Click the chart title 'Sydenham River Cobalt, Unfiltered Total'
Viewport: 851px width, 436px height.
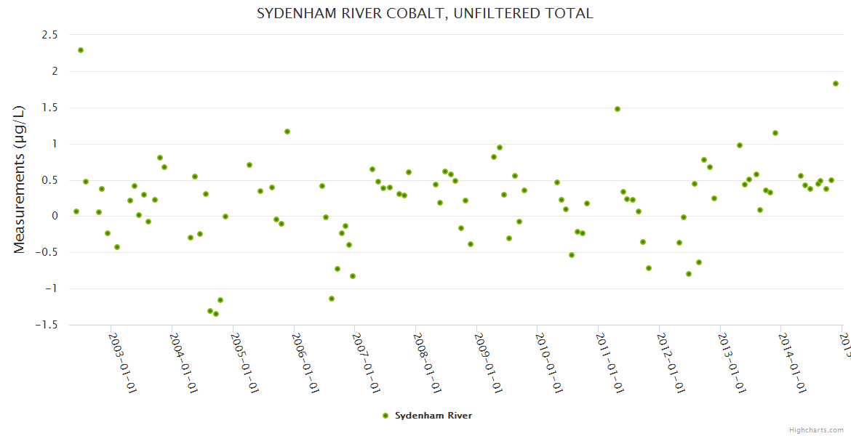click(x=425, y=13)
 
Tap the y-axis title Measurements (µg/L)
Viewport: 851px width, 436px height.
click(x=20, y=179)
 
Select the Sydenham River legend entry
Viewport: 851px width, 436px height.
click(x=428, y=416)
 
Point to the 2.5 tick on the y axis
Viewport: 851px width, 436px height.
click(x=49, y=35)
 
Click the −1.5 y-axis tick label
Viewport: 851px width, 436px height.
click(x=46, y=325)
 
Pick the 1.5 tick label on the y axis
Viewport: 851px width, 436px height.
click(x=49, y=108)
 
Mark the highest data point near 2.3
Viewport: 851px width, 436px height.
click(x=81, y=50)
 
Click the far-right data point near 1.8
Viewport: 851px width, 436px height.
click(x=836, y=84)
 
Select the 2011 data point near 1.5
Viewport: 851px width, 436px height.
click(x=618, y=109)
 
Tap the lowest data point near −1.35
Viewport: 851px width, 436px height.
click(x=216, y=314)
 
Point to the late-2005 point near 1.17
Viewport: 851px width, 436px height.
click(x=287, y=132)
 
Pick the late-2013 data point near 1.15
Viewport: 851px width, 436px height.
click(x=775, y=133)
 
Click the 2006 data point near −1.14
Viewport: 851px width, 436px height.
click(x=332, y=299)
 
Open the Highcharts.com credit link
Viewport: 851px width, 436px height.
click(x=817, y=429)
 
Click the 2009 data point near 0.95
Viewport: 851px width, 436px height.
click(x=500, y=148)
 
